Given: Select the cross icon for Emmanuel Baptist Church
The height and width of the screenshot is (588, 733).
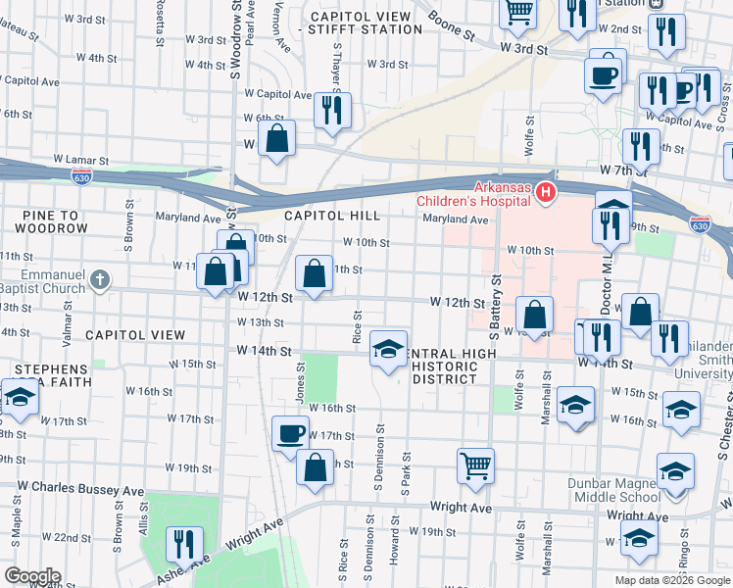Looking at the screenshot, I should click(99, 281).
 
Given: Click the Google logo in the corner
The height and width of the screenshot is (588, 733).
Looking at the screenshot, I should click(31, 576).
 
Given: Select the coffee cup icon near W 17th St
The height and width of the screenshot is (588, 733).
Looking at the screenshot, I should click(289, 432).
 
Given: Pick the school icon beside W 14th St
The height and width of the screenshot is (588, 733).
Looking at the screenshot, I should click(388, 349).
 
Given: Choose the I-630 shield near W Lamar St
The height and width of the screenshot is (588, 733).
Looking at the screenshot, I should click(82, 176).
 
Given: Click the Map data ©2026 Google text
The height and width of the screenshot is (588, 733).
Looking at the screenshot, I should click(671, 580).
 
